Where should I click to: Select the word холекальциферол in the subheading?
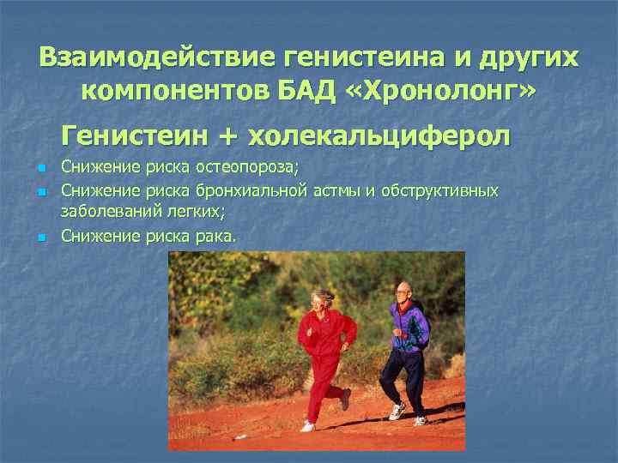pos(379,135)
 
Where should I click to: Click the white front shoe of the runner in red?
pos(307,425)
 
